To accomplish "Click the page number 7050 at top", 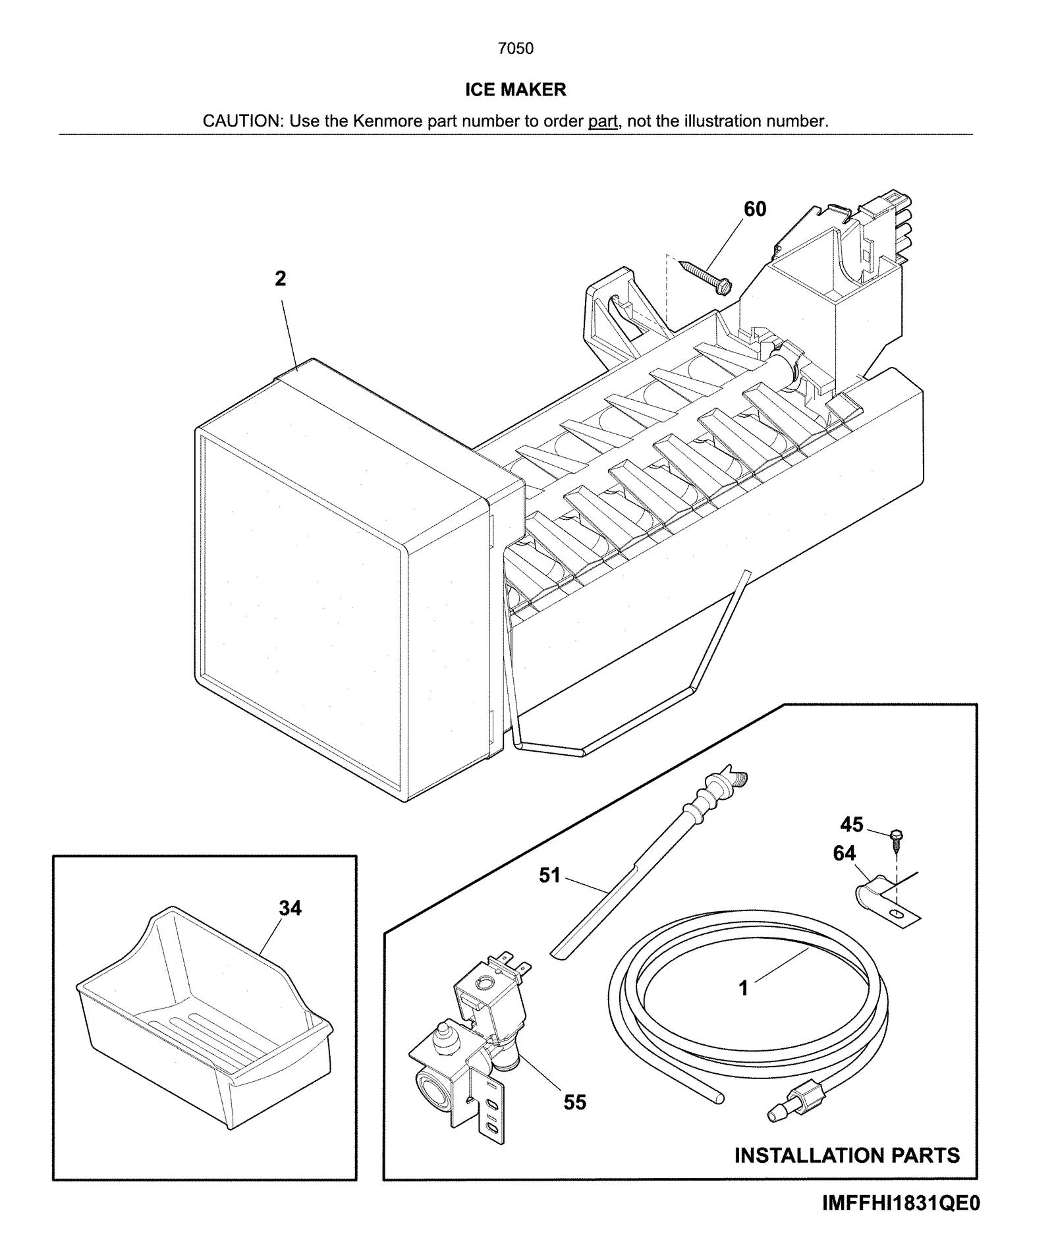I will coord(515,49).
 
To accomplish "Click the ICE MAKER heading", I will coord(515,90).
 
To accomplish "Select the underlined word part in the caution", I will coord(602,121).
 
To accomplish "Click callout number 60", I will coord(755,209).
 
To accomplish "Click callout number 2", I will coord(281,279).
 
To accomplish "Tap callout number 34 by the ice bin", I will coord(290,909).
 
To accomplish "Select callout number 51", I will coord(549,876).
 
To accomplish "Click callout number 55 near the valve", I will coord(574,1102).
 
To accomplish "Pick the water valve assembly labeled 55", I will coord(471,1041).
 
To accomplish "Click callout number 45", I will coord(851,824).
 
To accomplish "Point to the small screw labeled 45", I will coord(895,837).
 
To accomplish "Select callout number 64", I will coord(844,853).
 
